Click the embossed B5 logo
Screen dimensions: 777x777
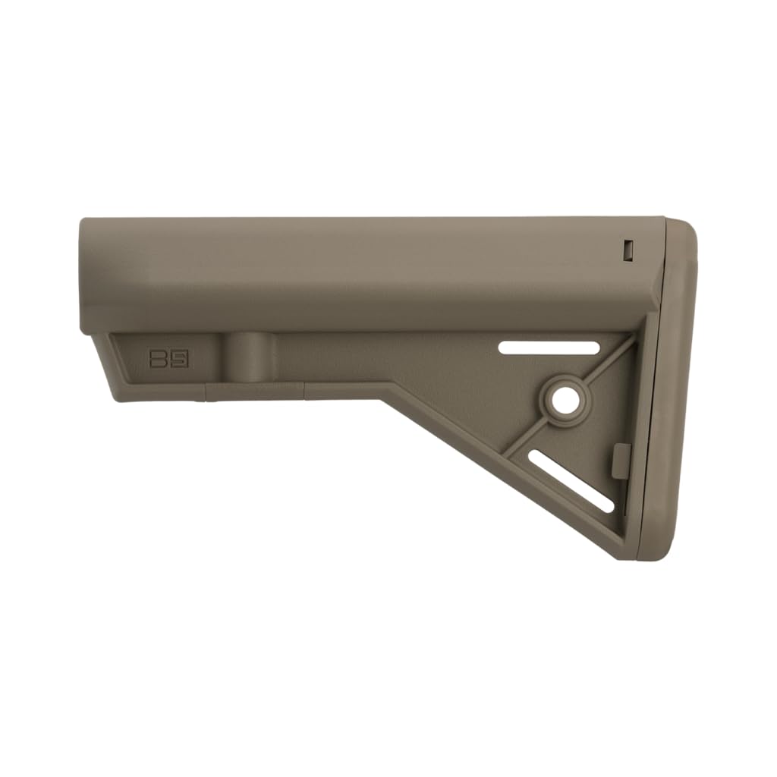click(x=169, y=359)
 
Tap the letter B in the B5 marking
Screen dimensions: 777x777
click(x=159, y=359)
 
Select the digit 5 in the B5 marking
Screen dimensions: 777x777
click(x=179, y=359)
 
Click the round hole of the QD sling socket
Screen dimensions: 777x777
click(x=564, y=401)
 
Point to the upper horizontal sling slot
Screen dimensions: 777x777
click(x=549, y=347)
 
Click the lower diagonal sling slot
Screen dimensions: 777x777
click(x=571, y=480)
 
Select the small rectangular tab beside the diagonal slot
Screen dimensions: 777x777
click(x=620, y=461)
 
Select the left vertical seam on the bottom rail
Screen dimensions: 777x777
click(x=206, y=391)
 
